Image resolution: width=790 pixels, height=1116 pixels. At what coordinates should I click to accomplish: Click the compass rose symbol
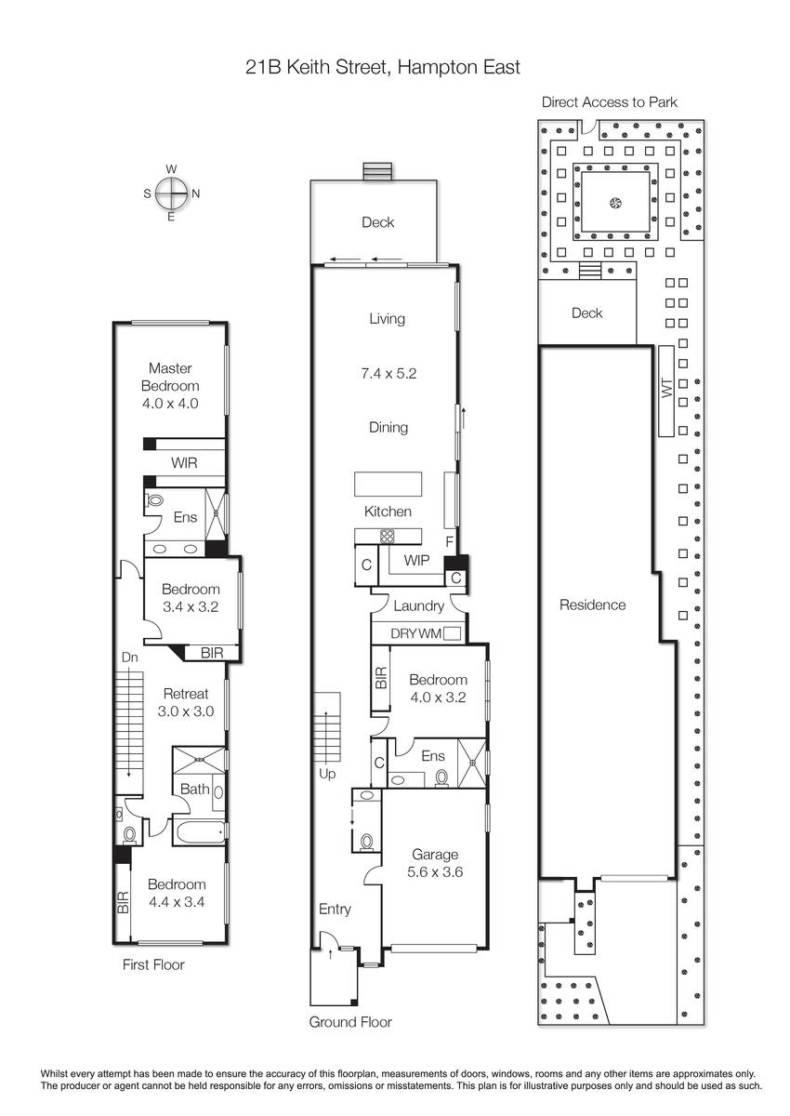pos(171,193)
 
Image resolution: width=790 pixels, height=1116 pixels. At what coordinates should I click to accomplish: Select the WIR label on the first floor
pos(184,462)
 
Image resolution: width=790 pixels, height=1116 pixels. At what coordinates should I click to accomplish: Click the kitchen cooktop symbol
pos(388,536)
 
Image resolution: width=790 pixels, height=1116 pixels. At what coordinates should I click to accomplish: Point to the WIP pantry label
pos(416,560)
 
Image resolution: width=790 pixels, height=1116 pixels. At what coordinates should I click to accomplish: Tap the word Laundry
pos(418,605)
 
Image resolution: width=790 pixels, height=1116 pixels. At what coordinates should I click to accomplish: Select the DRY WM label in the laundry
pos(416,633)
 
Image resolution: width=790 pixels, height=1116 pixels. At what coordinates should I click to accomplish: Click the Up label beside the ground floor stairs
pos(327,774)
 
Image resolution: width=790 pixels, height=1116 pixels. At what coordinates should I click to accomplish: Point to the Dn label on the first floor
pos(129,658)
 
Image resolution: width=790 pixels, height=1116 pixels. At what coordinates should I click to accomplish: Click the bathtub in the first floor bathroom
pos(200,831)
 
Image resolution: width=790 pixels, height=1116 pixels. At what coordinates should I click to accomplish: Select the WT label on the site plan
pos(667,388)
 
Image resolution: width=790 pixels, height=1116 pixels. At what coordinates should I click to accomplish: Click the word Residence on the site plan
pos(592,604)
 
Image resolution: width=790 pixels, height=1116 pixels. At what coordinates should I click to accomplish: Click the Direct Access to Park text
pos(610,102)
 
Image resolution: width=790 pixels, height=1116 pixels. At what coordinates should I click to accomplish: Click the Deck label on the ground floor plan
pos(378,221)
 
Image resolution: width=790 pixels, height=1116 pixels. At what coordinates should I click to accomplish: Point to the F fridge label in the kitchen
pos(450,541)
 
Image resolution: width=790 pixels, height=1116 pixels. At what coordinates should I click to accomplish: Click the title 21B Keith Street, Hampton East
pos(383,67)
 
